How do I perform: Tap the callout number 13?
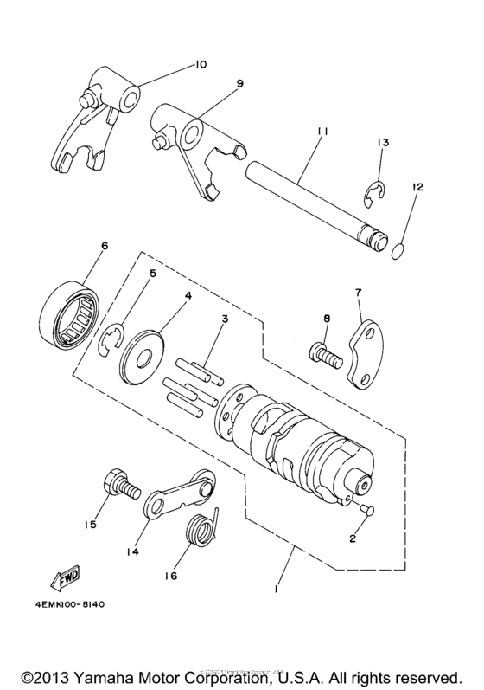(384, 143)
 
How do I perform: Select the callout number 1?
(276, 590)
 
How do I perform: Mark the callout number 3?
(224, 320)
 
